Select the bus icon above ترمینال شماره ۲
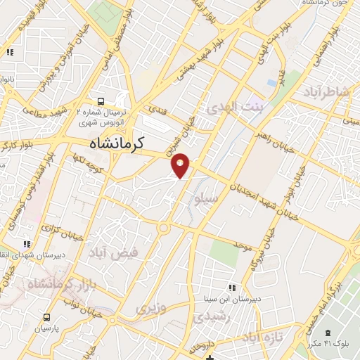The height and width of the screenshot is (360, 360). pos(102,101)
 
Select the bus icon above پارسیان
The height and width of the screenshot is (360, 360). pos(47,318)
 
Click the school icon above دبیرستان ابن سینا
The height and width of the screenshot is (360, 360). pos(232,287)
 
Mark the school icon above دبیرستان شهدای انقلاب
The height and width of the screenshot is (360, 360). pos(27,244)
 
